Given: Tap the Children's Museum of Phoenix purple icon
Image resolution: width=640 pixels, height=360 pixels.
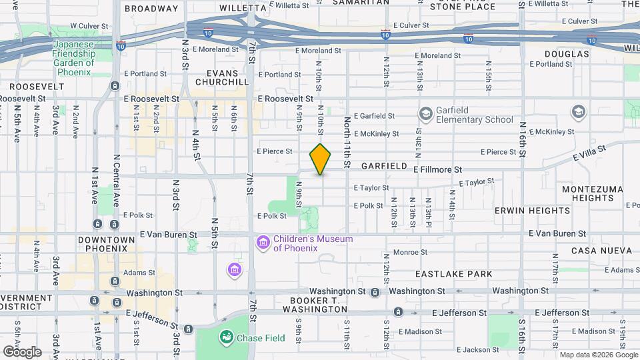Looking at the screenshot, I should coord(263,243).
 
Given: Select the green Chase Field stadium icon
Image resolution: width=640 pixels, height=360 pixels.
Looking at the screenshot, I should coord(227,338).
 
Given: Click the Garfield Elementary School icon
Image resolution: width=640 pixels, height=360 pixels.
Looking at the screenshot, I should coord(425,115).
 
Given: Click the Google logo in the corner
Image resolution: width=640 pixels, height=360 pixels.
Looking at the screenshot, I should coord(22,351).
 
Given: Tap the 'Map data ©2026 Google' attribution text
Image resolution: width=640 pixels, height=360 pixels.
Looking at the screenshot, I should coord(598,355).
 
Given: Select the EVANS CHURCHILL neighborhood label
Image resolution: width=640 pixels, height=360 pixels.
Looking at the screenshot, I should coord(221,77).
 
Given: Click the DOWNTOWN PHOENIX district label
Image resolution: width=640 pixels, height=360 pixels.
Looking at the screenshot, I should coord(102,244).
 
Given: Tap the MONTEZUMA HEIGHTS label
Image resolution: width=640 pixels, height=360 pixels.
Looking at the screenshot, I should coord(592,194).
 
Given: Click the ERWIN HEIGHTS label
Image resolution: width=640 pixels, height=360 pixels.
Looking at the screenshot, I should coord(532,211).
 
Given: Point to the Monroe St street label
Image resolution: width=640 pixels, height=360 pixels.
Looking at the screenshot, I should coord(410,252).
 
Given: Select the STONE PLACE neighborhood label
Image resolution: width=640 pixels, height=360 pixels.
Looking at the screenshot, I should coord(471,7).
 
